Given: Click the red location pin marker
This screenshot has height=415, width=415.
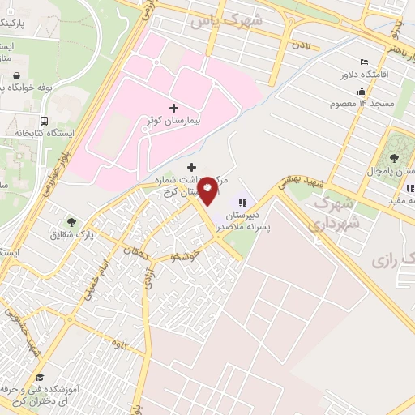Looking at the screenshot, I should [x=209, y=190].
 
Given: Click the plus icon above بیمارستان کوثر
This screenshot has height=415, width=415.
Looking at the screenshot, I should [x=173, y=107].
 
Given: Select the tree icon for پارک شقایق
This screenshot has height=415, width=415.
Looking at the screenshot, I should [x=73, y=221].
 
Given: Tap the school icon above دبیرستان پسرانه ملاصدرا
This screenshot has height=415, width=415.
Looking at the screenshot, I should [x=241, y=203].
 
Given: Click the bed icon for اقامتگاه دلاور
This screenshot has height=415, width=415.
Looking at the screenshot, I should [x=364, y=62].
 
